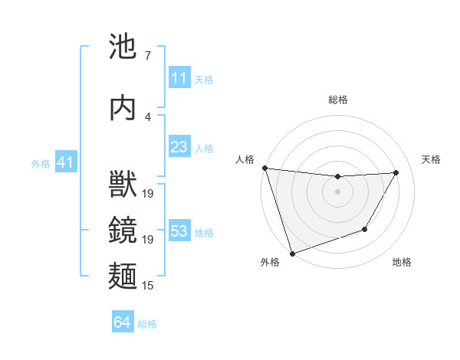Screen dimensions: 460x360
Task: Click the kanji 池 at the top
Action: point(123,47)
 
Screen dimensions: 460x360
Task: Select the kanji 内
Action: point(123,108)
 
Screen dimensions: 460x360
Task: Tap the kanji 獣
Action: point(123,186)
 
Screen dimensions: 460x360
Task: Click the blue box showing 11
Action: point(179,78)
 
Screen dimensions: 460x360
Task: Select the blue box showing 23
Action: point(179,147)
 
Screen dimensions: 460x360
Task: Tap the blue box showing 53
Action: point(179,231)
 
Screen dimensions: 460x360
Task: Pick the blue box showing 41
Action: point(65,162)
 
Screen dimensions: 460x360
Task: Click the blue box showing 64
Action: point(122,323)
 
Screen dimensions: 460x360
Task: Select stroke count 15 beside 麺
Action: point(148,285)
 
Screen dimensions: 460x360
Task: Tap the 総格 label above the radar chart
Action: point(337,100)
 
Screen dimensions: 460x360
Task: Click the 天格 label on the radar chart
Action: point(431,159)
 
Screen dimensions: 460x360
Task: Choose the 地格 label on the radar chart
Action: point(402,262)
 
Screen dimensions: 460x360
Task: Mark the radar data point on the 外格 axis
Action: point(292,253)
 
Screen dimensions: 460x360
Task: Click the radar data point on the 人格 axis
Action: point(264,168)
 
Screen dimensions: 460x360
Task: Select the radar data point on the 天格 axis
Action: point(396,172)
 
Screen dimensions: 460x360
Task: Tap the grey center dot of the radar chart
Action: point(337,191)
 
